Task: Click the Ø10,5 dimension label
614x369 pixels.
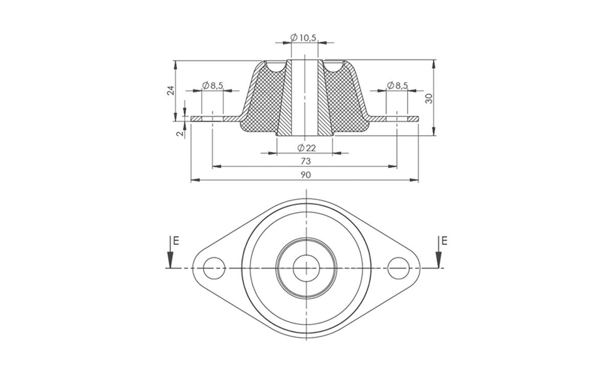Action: point(304,37)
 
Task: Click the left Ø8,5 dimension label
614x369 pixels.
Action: point(213,86)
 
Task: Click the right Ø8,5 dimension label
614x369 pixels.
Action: point(398,86)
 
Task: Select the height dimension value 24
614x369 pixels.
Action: point(171,90)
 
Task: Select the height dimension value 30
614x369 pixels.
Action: point(429,98)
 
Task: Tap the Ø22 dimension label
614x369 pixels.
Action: point(306,148)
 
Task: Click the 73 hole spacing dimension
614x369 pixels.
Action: point(305,161)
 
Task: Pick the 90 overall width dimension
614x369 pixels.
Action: point(305,175)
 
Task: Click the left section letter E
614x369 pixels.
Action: point(176,240)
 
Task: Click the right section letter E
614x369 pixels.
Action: point(444,240)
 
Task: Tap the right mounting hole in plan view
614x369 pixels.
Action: point(399,268)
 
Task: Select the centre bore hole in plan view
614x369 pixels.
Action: point(306,268)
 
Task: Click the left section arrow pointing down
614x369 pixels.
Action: point(169,254)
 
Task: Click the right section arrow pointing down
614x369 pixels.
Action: point(438,254)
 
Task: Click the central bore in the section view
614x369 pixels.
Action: point(305,97)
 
